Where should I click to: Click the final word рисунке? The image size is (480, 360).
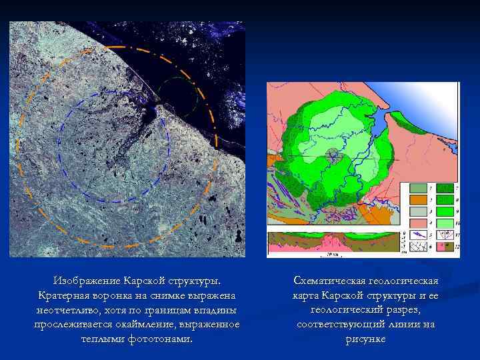tap(365, 339)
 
